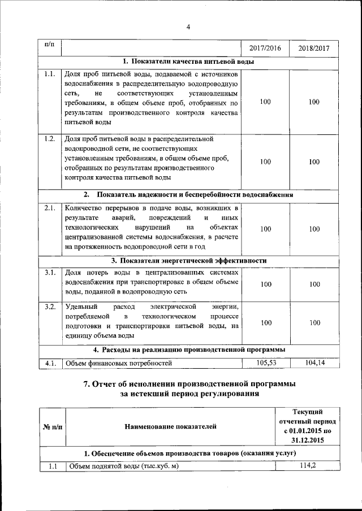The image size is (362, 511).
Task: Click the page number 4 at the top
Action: click(188, 26)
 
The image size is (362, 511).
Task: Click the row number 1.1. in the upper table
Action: click(49, 74)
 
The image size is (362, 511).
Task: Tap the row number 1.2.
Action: click(49, 138)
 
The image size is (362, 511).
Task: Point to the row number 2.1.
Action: click(49, 208)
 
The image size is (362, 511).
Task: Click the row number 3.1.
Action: click(49, 273)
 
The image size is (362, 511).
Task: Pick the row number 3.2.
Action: click(49, 307)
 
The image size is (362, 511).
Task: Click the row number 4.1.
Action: click(49, 364)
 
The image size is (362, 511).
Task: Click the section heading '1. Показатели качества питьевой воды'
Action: click(188, 62)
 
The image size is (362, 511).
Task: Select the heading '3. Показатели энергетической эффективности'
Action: click(188, 260)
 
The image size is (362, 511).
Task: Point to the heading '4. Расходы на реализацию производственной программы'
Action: click(189, 350)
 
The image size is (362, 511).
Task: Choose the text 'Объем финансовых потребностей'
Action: click(118, 364)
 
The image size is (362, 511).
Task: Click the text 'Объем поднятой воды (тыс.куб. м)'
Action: click(123, 466)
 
